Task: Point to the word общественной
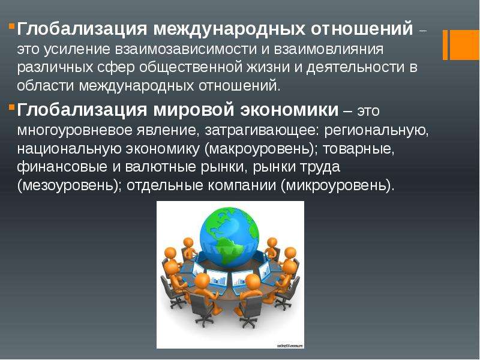click(x=191, y=68)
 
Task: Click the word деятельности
click(x=355, y=68)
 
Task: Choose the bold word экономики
click(x=289, y=110)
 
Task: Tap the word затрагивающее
click(x=262, y=130)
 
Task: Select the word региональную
click(x=376, y=130)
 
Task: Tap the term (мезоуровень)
click(x=69, y=186)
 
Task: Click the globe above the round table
click(x=229, y=237)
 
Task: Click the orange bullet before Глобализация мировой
click(x=11, y=107)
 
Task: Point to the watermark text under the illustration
click(x=290, y=346)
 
